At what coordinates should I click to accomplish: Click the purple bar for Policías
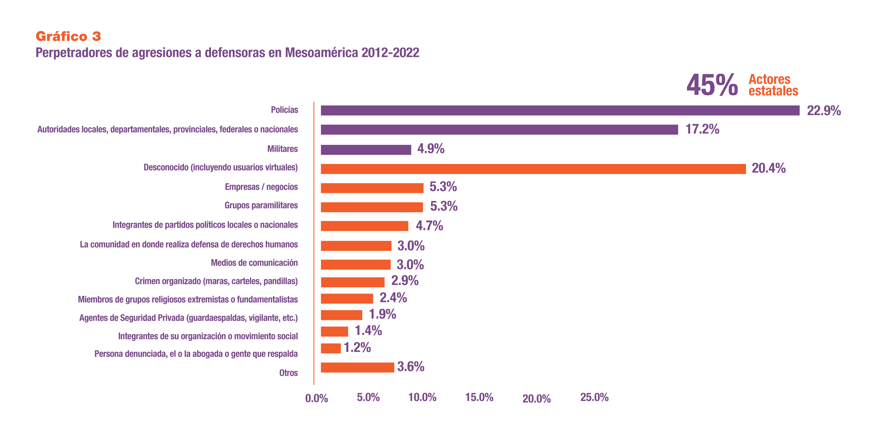pos(560,110)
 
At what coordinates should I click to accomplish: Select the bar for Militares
pos(366,150)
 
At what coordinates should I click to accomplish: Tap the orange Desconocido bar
pos(533,169)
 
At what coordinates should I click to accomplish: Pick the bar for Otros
pos(357,367)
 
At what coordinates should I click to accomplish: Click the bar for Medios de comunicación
pos(356,265)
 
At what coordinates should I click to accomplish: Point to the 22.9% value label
pos(823,111)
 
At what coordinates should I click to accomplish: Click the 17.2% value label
pos(702,129)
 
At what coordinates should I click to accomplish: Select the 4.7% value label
pos(429,226)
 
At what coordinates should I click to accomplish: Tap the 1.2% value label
pos(357,348)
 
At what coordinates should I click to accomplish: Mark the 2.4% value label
pos(393,298)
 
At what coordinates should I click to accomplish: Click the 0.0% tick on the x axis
pos(316,398)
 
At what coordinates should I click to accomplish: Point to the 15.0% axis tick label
pos(479,398)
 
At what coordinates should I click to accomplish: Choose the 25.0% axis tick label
pos(594,398)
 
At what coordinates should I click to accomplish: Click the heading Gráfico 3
pos(68,36)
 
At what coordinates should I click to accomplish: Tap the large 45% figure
pos(712,85)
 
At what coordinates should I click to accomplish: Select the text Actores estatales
pos(773,85)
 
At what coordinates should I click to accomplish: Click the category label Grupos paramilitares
pos(261,205)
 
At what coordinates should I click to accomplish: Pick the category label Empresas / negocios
pos(261,187)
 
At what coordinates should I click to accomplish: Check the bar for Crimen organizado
pos(353,282)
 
